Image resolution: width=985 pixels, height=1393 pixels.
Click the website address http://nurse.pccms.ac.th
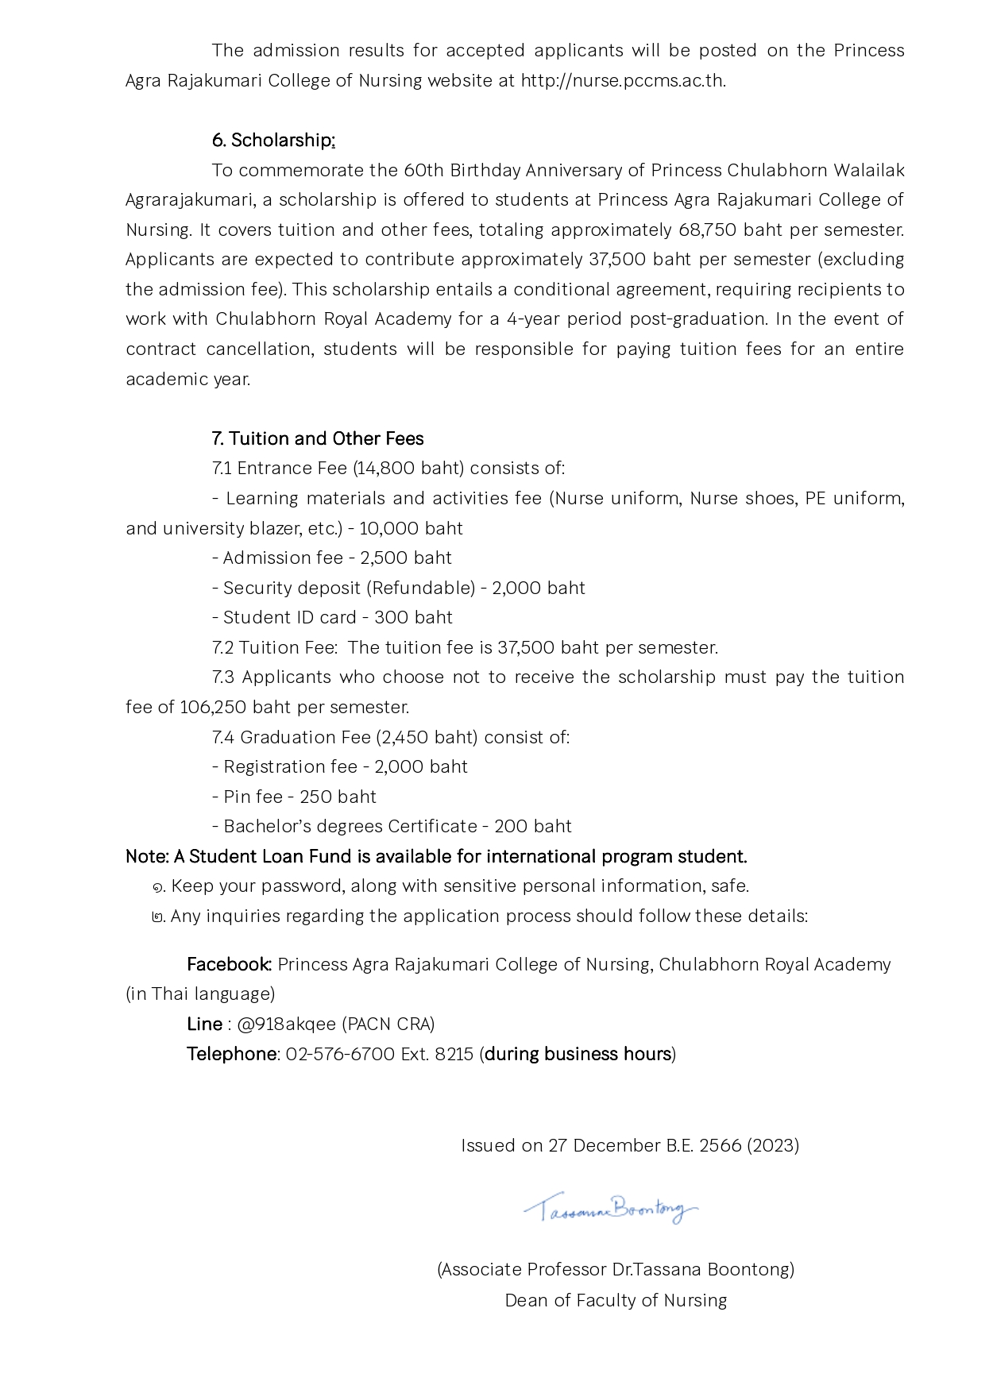(623, 81)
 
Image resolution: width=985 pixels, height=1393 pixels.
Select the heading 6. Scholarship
(273, 141)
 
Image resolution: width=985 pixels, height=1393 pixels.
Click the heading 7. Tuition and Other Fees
(318, 439)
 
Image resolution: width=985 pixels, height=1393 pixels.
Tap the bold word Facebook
(229, 965)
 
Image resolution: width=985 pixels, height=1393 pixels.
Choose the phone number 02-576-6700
(340, 1055)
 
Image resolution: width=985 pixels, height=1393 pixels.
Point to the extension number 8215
(454, 1055)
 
